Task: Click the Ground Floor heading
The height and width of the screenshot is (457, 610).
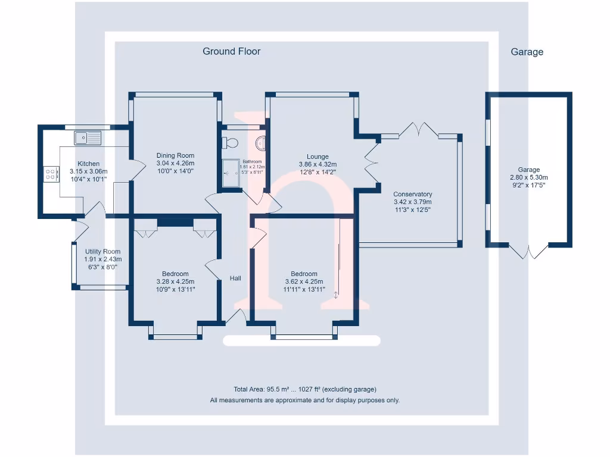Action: click(231, 51)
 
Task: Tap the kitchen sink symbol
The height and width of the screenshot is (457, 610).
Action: click(88, 138)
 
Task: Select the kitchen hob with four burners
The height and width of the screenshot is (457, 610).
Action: click(51, 174)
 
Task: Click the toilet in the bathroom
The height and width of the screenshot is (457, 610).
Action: click(229, 142)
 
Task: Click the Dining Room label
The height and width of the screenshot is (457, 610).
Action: click(175, 155)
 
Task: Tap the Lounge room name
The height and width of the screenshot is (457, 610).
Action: click(318, 157)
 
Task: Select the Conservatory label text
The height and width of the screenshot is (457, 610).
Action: click(413, 194)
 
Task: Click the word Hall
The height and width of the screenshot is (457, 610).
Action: click(235, 278)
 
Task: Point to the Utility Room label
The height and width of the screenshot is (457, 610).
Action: click(102, 252)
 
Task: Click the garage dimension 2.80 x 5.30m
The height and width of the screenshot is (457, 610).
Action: click(529, 177)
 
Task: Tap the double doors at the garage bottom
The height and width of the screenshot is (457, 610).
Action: click(528, 252)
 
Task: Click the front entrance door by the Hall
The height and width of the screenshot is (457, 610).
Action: click(236, 317)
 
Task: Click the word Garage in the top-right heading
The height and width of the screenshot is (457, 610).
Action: click(527, 52)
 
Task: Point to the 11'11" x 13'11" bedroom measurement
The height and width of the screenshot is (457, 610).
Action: click(304, 289)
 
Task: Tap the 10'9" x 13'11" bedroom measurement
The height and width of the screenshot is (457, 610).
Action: click(175, 289)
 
